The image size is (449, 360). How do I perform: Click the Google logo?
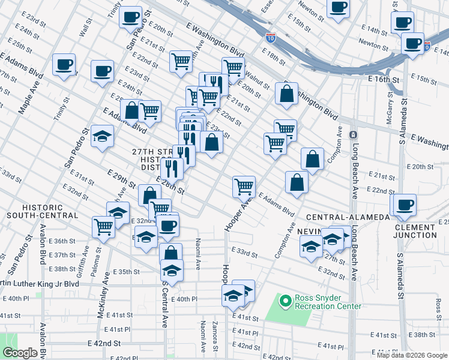pos(19,353)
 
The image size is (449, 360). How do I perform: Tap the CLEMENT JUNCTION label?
pos(424,231)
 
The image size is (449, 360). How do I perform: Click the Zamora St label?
pos(214,337)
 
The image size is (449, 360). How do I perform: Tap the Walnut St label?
pos(258,78)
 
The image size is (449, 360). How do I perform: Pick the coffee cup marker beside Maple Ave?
pos(64,65)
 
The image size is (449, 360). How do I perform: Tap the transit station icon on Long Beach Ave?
pos(354,134)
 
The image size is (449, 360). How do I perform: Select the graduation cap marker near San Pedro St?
pos(103,136)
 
